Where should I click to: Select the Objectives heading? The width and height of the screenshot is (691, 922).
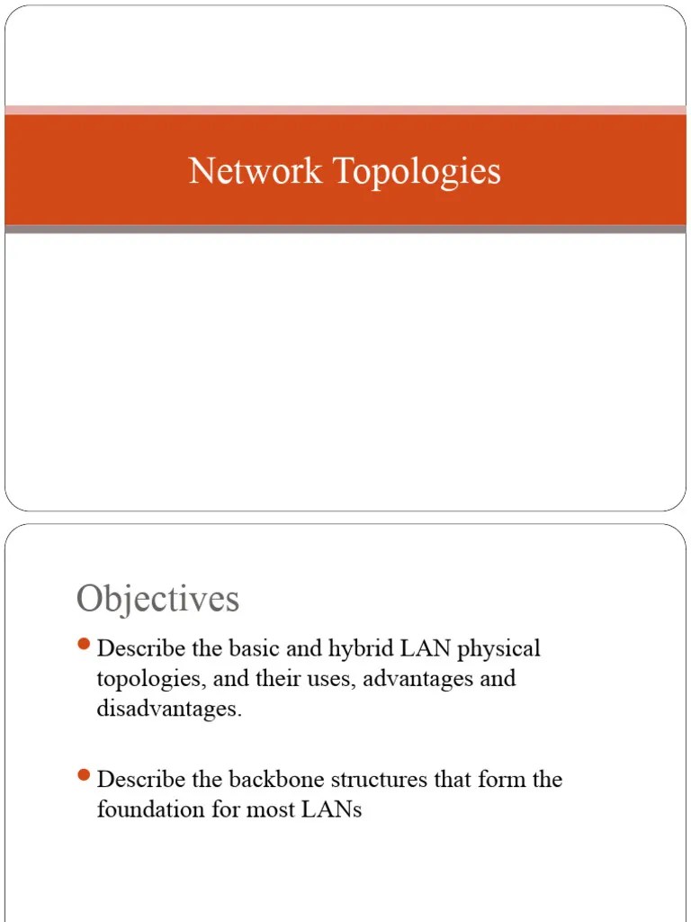(157, 599)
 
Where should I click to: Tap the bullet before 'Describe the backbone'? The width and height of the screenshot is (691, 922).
(85, 774)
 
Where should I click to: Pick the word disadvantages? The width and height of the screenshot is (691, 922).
(168, 709)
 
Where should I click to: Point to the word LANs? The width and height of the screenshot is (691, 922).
(331, 809)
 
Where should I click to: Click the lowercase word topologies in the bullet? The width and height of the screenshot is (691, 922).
(149, 680)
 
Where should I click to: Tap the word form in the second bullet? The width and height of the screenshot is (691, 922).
(499, 779)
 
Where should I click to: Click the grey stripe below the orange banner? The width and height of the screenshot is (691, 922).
(345, 230)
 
